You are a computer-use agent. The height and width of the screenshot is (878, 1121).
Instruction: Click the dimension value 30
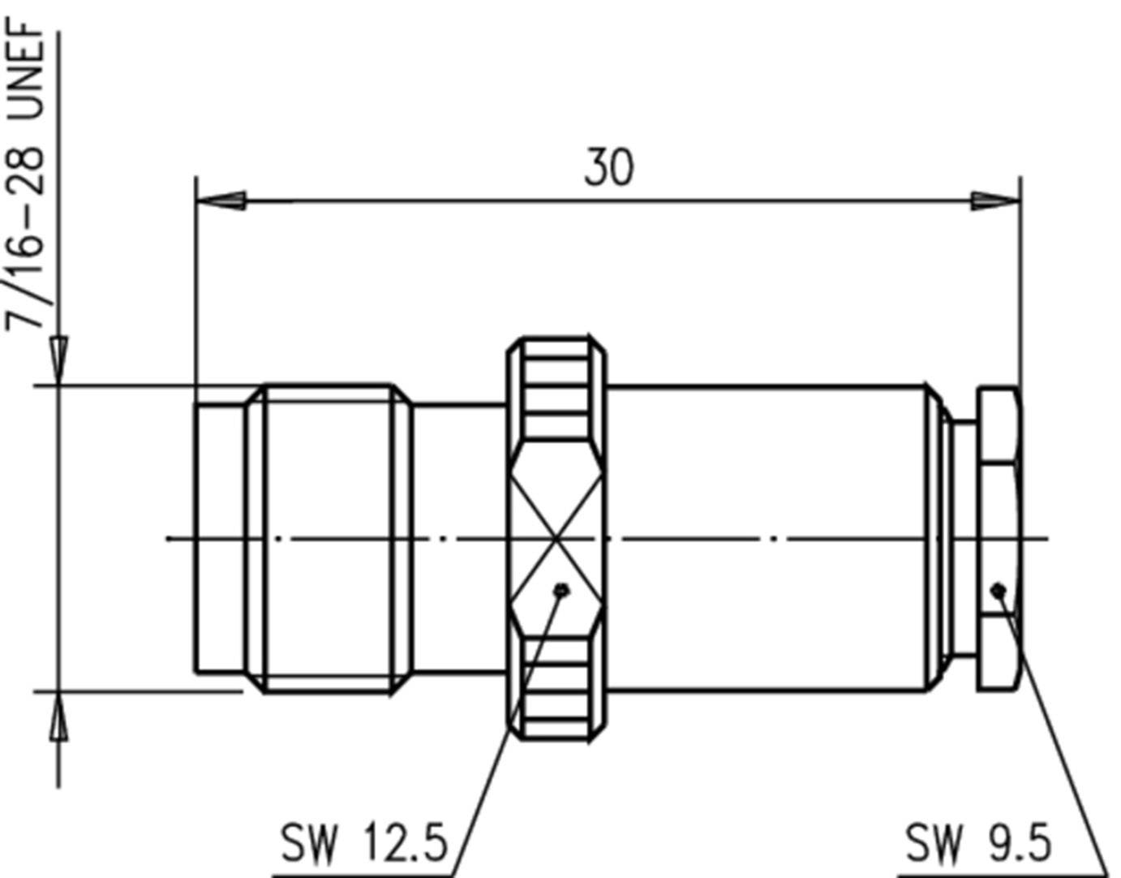tap(608, 167)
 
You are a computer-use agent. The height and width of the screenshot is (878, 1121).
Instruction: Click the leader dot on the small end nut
tap(999, 589)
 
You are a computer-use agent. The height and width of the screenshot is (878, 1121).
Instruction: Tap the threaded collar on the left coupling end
tap(329, 537)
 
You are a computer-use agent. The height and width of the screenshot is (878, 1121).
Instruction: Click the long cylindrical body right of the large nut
tap(767, 487)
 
